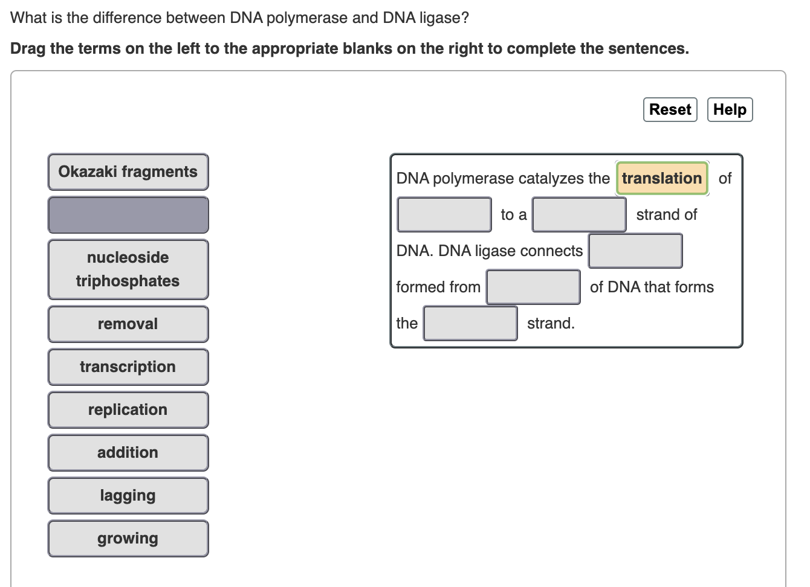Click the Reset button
[x=670, y=110]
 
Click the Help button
[x=730, y=110]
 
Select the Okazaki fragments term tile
[x=128, y=172]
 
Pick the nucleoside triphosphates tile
[x=128, y=269]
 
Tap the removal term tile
[x=128, y=324]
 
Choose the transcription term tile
[x=128, y=367]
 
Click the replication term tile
[x=128, y=410]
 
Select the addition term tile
[x=128, y=453]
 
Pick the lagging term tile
[x=128, y=496]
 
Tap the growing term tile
[x=128, y=539]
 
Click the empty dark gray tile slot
[x=128, y=215]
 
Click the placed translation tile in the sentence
[x=662, y=179]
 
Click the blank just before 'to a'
[x=444, y=215]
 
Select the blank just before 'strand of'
[x=579, y=215]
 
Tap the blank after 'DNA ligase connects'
[x=635, y=251]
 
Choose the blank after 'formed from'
[x=533, y=287]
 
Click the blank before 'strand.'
[x=470, y=324]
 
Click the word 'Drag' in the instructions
[x=28, y=49]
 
